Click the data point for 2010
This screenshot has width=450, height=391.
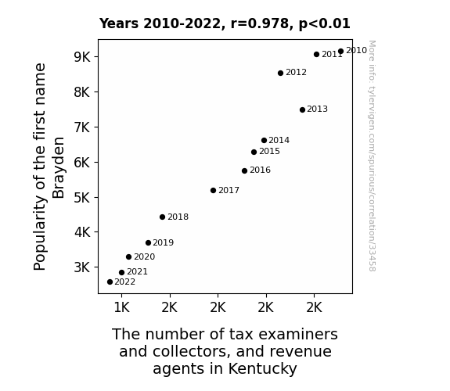[x=340, y=52]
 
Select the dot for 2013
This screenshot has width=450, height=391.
[x=302, y=109]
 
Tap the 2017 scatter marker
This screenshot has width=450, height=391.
[x=213, y=191]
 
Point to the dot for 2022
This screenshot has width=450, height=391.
[x=110, y=282]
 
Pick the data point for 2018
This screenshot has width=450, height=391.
[x=163, y=217]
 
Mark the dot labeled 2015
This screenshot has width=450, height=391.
[x=254, y=152]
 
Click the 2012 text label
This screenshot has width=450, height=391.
[x=296, y=72]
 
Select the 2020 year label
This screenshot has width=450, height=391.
[x=144, y=256]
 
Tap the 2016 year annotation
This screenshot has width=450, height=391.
[x=260, y=170]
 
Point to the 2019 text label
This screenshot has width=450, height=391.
[x=164, y=242]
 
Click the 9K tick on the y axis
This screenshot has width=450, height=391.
[x=82, y=57]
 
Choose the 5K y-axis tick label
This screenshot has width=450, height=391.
[x=82, y=197]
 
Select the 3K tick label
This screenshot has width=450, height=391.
[x=82, y=267]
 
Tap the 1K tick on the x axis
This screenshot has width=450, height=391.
[x=121, y=307]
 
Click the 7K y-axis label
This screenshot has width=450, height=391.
[x=82, y=127]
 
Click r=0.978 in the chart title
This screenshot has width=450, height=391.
[x=261, y=23]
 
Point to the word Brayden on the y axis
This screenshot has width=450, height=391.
[x=59, y=167]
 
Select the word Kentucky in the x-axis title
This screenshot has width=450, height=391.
[x=263, y=368]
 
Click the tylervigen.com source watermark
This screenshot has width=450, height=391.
[x=372, y=156]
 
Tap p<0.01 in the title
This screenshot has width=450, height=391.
[x=325, y=23]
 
